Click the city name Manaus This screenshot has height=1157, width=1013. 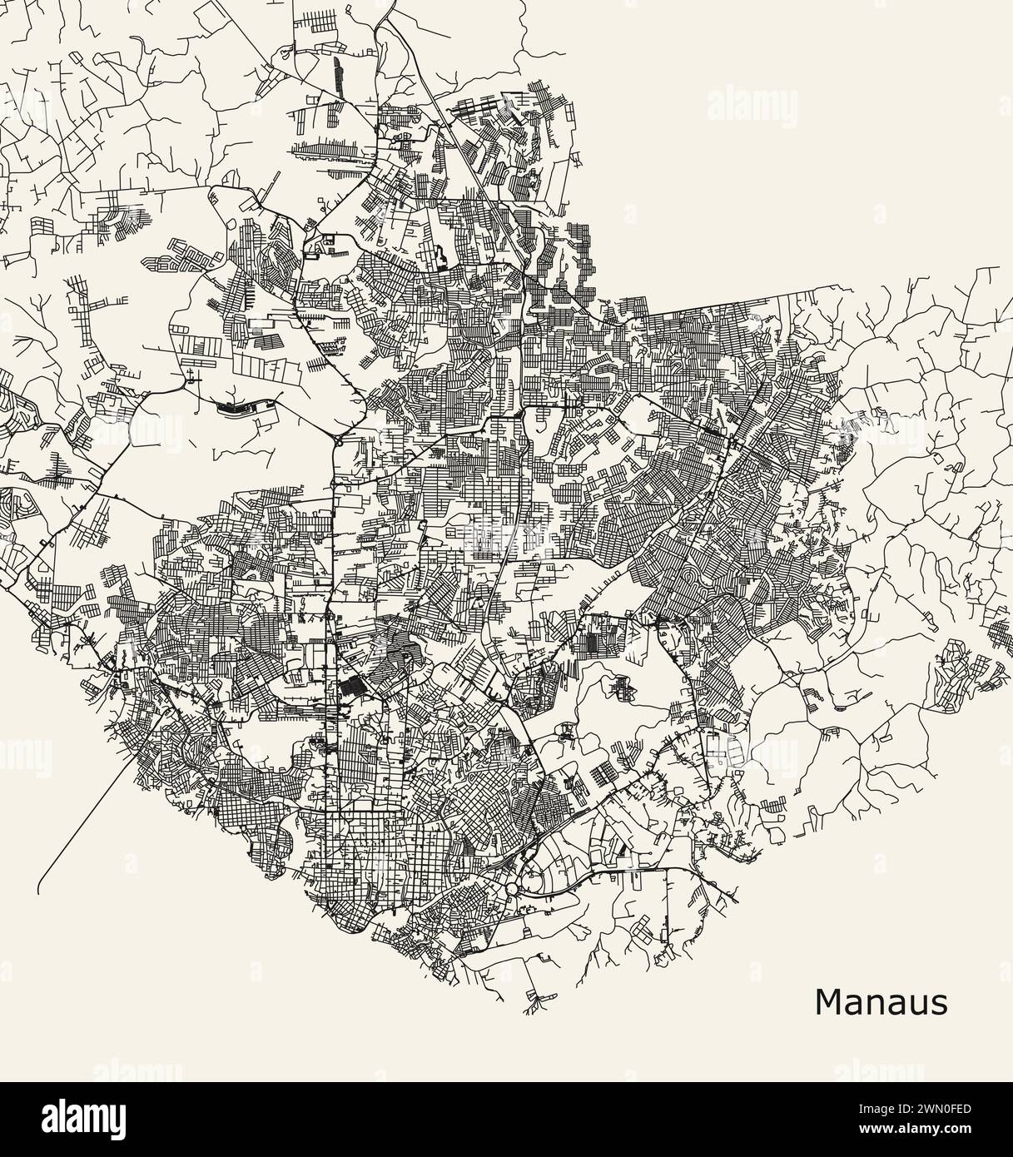tap(881, 1002)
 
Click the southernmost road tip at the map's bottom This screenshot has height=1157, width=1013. tap(526, 1011)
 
